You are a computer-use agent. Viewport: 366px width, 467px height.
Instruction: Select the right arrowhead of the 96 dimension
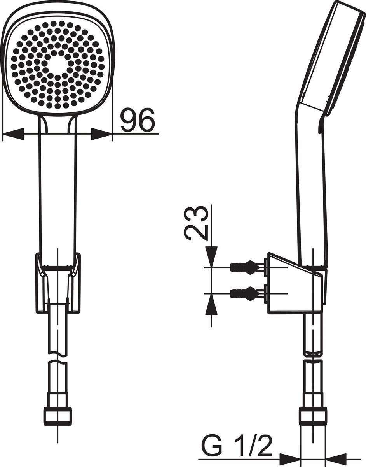[101, 134]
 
